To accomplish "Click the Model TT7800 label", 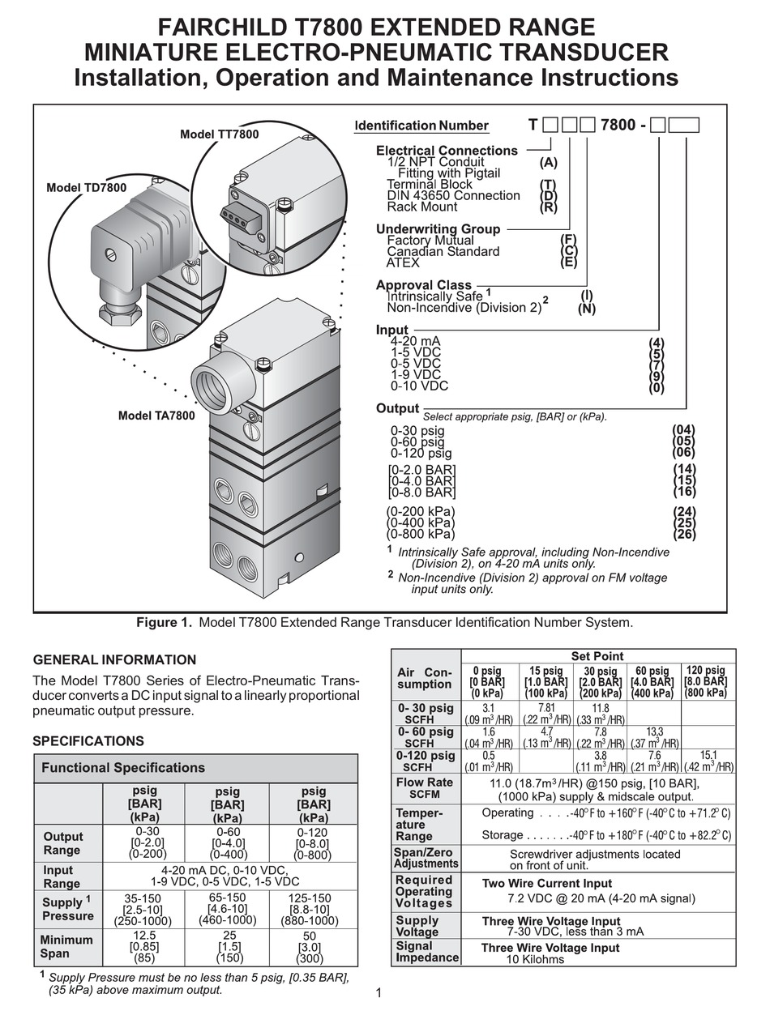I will [x=219, y=134].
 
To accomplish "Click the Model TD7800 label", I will [x=86, y=188].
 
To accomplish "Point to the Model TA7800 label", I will [x=156, y=416].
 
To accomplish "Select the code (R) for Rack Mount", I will [x=549, y=207].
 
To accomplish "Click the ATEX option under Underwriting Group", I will [x=403, y=262].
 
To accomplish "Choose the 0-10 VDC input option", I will [x=419, y=386].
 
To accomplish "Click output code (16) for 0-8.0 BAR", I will [x=684, y=492].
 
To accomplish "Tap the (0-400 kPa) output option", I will [x=421, y=522].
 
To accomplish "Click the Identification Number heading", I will [x=421, y=126].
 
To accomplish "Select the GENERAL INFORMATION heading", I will [x=113, y=659].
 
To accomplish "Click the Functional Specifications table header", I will [x=123, y=767].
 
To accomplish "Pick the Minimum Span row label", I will [x=67, y=947].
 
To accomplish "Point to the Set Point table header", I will [x=597, y=656].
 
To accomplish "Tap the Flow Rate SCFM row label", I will [x=424, y=788].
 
